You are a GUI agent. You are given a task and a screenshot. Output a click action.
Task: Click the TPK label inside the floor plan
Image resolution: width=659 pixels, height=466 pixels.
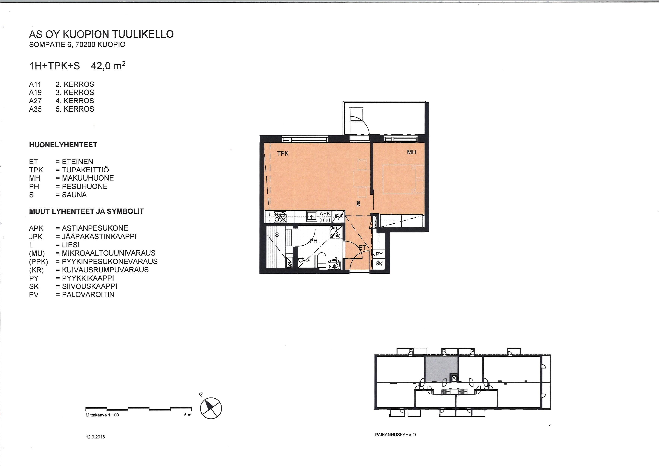click(283, 154)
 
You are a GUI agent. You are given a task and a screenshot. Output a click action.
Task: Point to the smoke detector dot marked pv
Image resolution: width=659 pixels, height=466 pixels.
click(358, 203)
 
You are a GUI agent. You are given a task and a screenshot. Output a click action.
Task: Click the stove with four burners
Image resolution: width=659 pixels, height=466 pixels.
click(280, 217)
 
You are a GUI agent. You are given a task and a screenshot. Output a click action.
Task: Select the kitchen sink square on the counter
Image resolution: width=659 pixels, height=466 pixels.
click(312, 216)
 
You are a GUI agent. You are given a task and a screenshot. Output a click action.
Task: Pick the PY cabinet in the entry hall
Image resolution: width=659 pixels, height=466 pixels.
click(379, 254)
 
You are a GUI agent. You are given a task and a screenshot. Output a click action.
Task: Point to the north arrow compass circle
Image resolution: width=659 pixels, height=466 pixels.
click(211, 408)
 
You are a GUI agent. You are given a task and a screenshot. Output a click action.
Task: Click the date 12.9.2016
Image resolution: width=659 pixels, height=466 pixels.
click(95, 437)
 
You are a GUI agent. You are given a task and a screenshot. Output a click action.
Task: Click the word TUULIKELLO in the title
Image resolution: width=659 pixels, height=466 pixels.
click(143, 34)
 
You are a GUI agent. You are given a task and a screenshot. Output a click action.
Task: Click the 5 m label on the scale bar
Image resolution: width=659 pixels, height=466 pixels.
click(188, 415)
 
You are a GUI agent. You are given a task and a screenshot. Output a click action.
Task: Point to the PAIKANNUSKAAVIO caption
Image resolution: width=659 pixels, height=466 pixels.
click(395, 435)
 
